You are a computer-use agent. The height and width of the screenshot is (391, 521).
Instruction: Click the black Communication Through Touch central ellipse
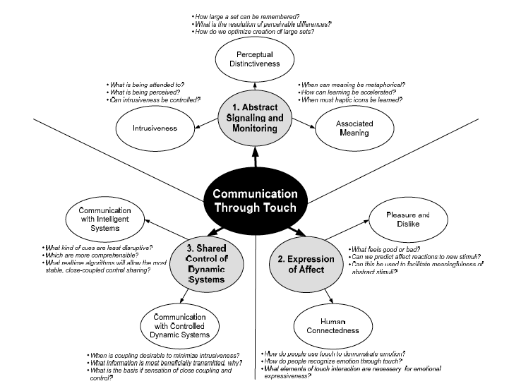254,199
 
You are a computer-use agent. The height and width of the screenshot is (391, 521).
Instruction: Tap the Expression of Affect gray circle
306,263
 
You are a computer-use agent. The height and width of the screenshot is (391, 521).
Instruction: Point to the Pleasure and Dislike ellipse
408,219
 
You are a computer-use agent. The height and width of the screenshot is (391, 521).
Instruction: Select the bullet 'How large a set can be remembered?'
238,15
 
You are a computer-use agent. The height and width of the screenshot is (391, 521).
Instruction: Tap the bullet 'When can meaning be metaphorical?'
351,84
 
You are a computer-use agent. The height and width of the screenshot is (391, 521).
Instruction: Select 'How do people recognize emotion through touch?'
334,361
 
